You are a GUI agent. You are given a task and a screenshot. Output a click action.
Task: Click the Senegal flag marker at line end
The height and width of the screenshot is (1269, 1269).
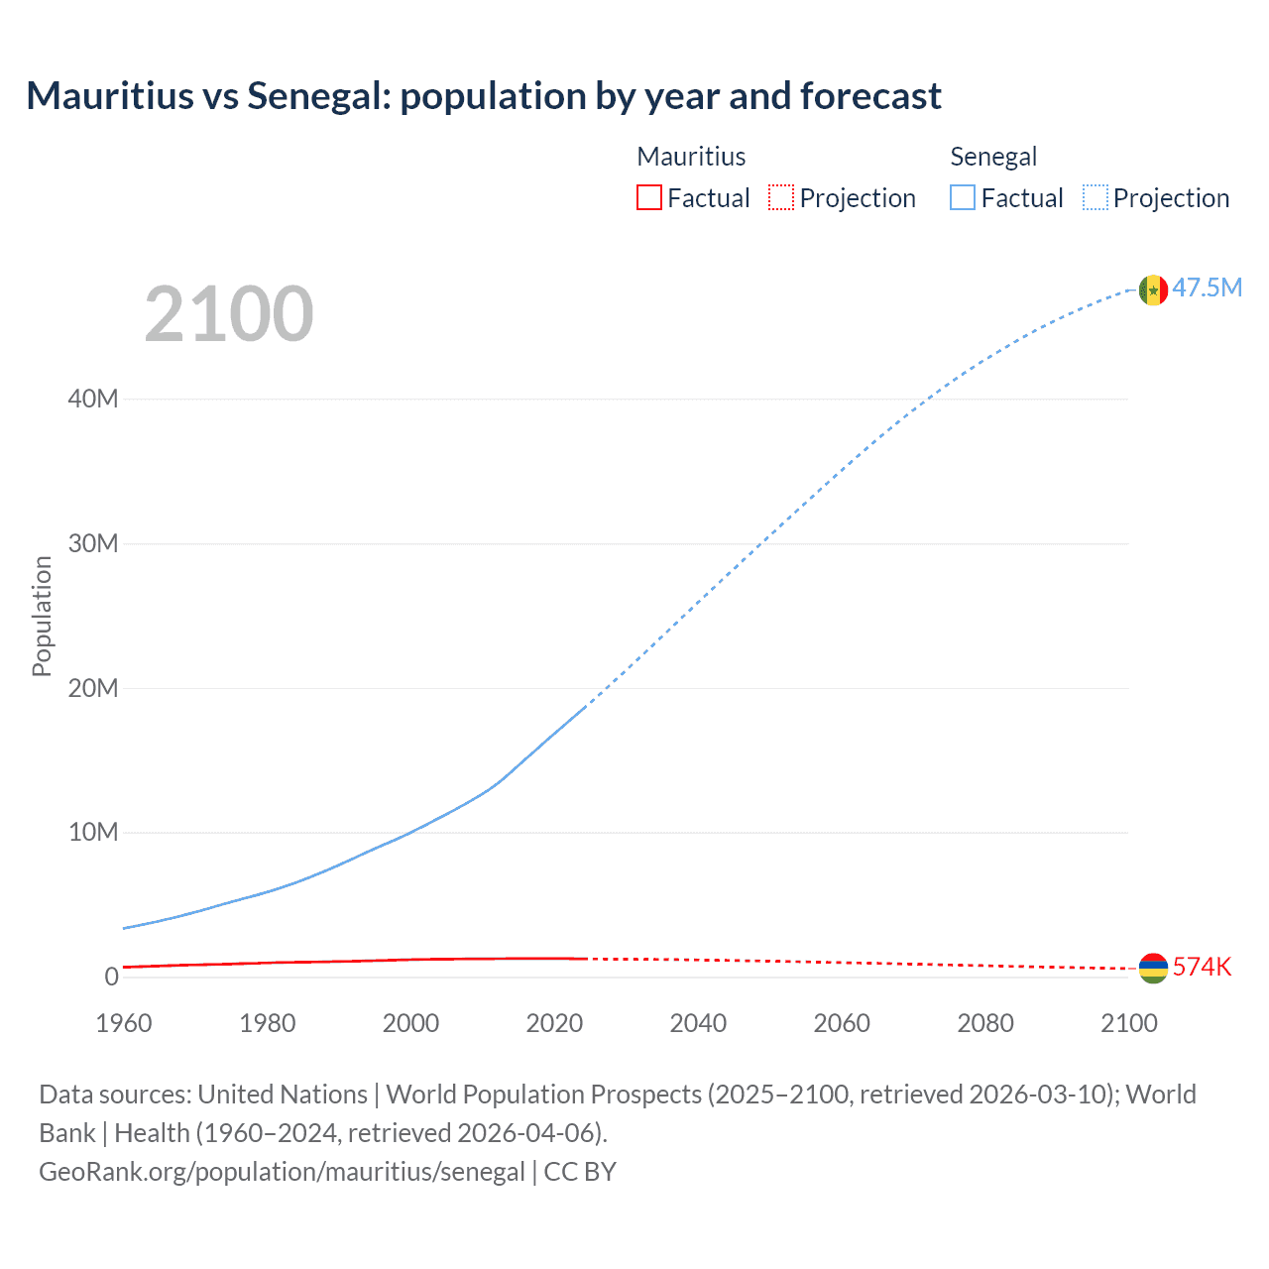pos(1153,289)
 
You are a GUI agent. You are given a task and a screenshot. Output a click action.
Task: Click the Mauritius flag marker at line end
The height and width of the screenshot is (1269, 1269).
pos(1153,968)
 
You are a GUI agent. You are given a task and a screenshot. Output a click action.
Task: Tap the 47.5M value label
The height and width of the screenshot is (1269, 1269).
pos(1207,288)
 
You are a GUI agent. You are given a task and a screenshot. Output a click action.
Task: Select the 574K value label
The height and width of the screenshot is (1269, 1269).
pos(1202,967)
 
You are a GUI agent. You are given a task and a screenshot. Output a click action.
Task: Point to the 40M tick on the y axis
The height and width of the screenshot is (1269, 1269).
pos(93,399)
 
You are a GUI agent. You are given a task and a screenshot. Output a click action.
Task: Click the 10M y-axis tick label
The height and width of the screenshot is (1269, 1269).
pos(93,832)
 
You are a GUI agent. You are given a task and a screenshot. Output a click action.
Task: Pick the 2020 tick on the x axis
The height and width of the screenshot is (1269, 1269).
pos(554,1023)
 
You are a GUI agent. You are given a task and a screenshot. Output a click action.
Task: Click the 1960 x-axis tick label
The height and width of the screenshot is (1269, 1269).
pos(124,1023)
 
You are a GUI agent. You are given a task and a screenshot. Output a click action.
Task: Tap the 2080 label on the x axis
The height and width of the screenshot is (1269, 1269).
pos(985,1023)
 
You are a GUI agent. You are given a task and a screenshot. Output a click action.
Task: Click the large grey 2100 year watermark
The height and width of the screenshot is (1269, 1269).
pos(229,314)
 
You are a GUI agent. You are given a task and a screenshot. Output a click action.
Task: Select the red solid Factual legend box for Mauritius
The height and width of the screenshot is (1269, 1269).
pos(649,197)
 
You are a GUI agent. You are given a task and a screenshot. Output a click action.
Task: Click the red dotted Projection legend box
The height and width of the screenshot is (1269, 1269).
pos(781,197)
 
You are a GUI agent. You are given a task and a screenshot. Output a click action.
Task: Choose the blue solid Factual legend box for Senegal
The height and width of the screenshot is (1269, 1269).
pos(963,197)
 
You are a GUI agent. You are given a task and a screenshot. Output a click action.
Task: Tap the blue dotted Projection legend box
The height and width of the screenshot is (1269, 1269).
pos(1096,197)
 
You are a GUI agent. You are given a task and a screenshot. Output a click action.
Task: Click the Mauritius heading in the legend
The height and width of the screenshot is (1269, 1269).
pos(691,157)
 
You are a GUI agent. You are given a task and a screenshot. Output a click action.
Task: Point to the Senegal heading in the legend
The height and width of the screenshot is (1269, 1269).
pos(993,157)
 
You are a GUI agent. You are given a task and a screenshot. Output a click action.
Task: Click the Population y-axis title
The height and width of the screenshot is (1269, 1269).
pos(42,616)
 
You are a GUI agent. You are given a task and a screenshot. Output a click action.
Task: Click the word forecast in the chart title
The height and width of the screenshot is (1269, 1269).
pos(870,96)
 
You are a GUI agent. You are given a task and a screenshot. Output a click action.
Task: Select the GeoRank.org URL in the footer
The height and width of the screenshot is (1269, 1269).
pos(282,1171)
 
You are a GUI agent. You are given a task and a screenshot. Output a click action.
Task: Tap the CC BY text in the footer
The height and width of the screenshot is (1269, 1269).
pos(580,1171)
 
